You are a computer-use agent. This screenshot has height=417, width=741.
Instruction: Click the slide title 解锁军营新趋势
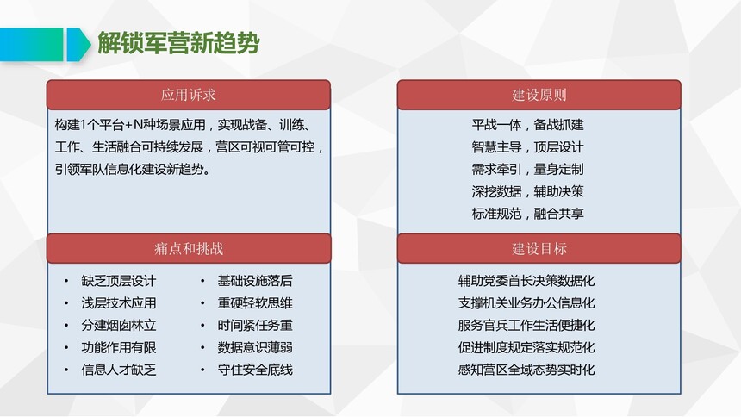pos(178,43)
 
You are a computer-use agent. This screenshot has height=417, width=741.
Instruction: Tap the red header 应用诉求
pos(189,95)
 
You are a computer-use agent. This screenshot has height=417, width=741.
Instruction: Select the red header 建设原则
pos(539,95)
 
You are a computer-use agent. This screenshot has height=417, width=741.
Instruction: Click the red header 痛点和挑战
pos(189,249)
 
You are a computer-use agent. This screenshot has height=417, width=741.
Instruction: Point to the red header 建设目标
pos(539,249)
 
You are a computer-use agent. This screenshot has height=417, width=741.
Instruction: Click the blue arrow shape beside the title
pos(78,45)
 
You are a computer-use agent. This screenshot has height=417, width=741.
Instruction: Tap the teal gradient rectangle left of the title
pos(31,45)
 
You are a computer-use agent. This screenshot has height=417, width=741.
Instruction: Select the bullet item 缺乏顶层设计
pos(119,281)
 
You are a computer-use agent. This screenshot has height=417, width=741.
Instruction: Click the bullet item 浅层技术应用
pos(119,303)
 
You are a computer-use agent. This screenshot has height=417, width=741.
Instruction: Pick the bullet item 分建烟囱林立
pos(119,326)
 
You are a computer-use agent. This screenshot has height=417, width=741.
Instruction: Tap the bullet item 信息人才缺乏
pos(119,370)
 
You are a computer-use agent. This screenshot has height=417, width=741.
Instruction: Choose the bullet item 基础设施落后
pos(255,281)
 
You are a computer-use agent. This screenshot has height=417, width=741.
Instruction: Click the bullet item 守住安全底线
pos(255,370)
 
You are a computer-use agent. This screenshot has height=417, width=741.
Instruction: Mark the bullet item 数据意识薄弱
pos(255,347)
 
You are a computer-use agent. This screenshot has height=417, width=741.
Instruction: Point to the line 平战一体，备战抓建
pos(527,125)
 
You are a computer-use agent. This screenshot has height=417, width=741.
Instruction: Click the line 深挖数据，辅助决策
pos(527,191)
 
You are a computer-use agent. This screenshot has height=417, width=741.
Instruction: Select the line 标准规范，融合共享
pos(527,214)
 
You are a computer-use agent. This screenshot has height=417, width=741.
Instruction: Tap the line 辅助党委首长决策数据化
pos(526,281)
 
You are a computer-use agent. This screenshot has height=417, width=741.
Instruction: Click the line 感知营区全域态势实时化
pos(526,370)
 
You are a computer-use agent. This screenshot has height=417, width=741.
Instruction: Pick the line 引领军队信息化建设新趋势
pos(133,169)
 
